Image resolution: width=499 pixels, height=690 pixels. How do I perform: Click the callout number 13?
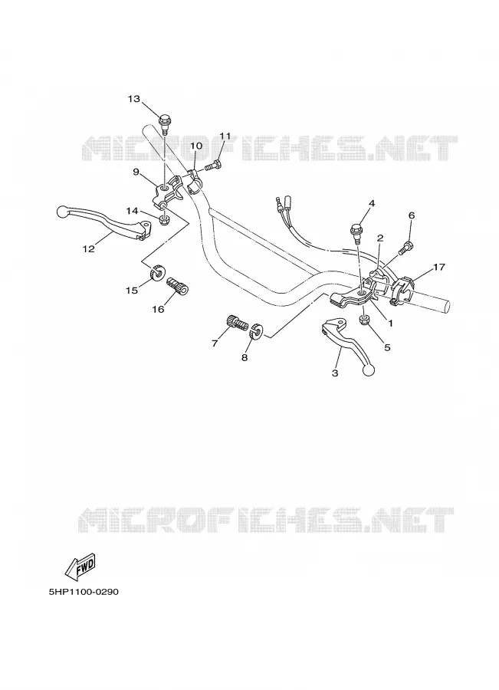pyautogui.click(x=134, y=99)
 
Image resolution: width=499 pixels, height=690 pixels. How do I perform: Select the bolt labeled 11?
pyautogui.click(x=213, y=166)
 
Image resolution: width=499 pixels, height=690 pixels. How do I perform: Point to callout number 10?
pyautogui.click(x=196, y=146)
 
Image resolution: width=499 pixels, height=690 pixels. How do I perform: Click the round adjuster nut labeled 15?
pyautogui.click(x=157, y=274)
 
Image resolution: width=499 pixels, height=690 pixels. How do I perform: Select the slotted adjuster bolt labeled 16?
pyautogui.click(x=178, y=285)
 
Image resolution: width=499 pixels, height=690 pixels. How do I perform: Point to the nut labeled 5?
pyautogui.click(x=365, y=320)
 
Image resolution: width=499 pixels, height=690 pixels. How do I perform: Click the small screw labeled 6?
pyautogui.click(x=405, y=248)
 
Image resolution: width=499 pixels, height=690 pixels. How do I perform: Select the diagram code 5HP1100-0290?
pyautogui.click(x=84, y=592)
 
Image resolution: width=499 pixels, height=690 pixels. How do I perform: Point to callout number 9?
pyautogui.click(x=136, y=171)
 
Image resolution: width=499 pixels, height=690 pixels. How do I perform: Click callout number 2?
pyautogui.click(x=380, y=238)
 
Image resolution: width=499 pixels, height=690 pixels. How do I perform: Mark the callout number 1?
pyautogui.click(x=390, y=323)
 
